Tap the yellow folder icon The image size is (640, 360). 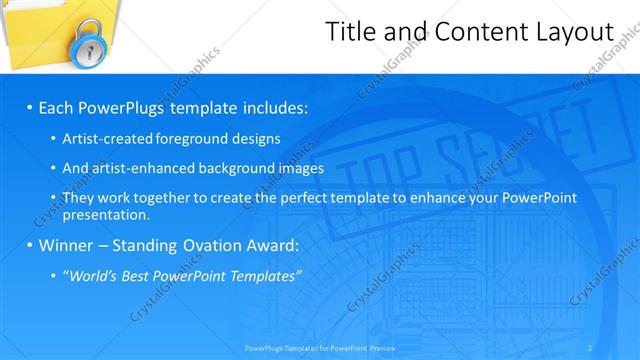(x=40, y=30)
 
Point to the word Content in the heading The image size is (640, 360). (x=471, y=32)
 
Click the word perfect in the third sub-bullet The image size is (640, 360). (x=296, y=199)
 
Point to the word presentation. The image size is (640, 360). (x=105, y=214)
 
